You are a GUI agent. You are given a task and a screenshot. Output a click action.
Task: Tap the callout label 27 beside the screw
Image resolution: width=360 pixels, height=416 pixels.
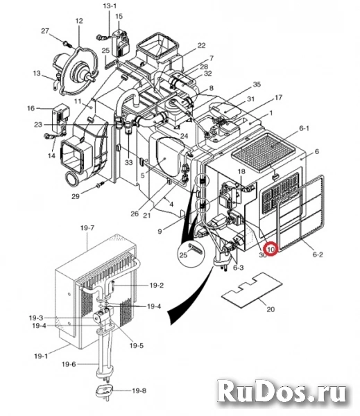tap(45, 31)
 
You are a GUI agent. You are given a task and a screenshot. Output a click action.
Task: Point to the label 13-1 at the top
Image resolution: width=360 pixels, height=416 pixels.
tap(110, 5)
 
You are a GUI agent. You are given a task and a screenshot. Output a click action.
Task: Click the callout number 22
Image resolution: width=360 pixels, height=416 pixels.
tap(201, 46)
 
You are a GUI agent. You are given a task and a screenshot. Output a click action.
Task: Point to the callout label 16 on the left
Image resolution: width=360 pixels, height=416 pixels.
tap(31, 108)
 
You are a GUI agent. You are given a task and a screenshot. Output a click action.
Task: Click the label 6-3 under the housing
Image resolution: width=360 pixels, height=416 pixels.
tap(239, 266)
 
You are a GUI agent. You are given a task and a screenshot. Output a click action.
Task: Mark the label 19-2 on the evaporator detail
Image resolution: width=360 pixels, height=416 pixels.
tap(157, 285)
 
